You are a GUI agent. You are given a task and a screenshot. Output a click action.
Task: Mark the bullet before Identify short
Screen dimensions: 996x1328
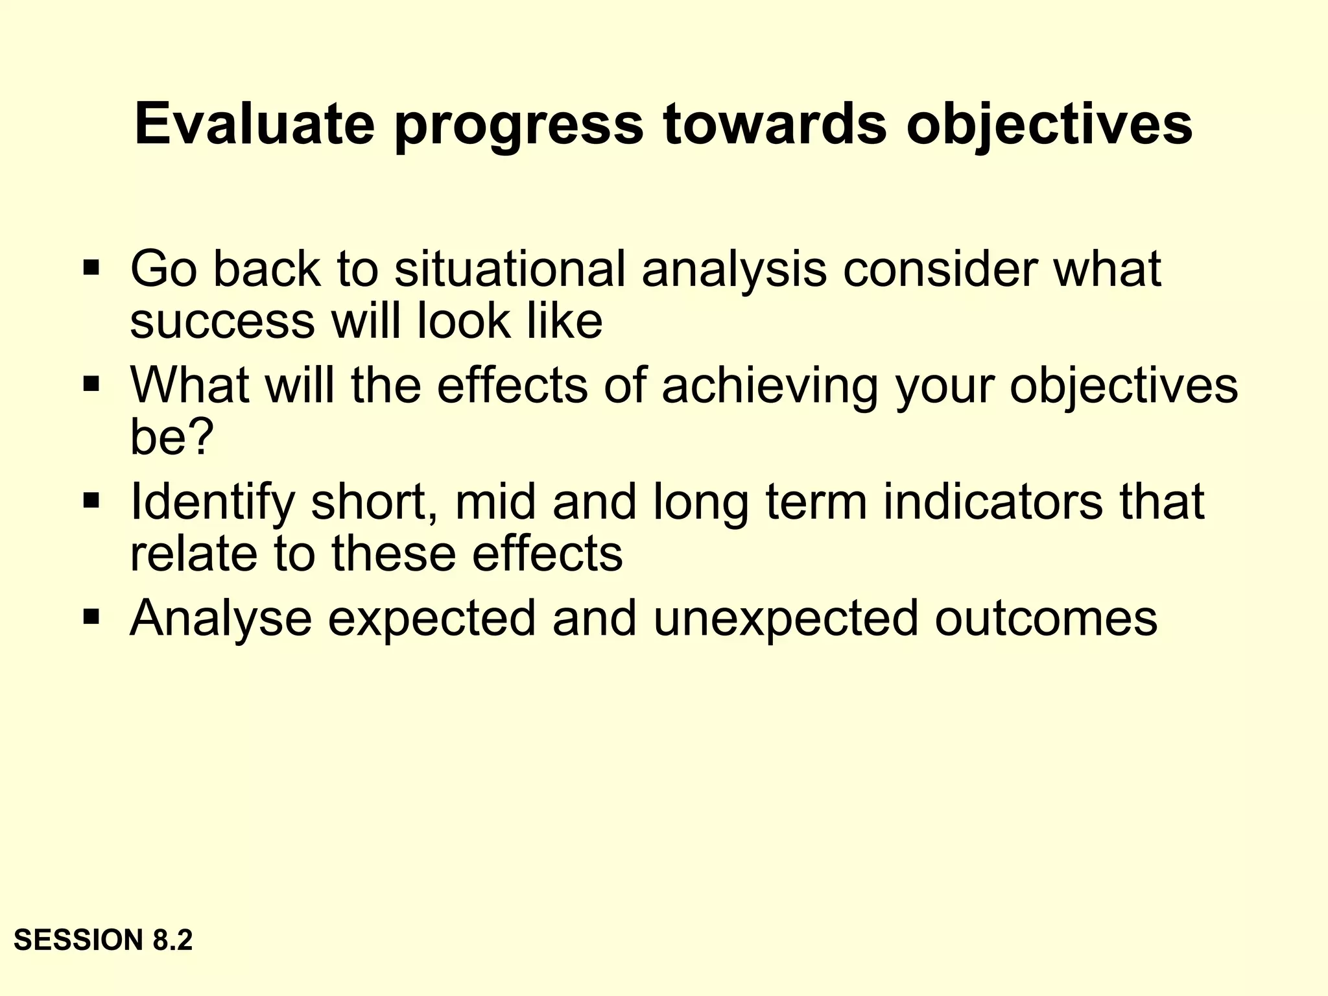pos(91,500)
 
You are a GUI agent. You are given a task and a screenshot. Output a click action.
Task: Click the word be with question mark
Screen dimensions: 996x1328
pos(171,438)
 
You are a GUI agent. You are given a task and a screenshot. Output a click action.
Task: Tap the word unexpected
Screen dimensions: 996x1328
pos(786,619)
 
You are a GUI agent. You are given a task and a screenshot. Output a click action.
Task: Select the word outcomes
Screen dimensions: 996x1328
pos(1046,618)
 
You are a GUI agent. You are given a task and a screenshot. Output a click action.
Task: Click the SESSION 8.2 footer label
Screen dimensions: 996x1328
pos(103,940)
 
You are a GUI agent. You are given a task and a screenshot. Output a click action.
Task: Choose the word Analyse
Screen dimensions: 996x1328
pos(221,619)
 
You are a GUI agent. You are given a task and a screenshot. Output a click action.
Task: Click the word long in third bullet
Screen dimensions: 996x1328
pos(701,503)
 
